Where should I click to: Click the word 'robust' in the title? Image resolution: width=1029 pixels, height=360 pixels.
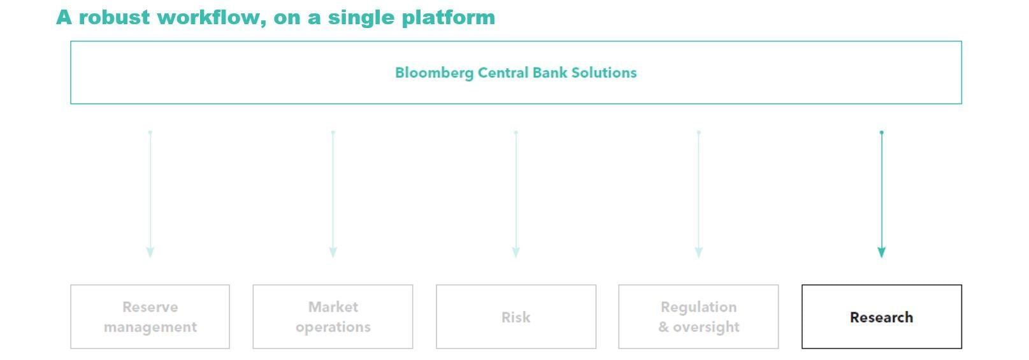click(115, 17)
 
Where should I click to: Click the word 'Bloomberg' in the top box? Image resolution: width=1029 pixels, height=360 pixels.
click(434, 73)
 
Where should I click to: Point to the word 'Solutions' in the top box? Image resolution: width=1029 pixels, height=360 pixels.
click(603, 73)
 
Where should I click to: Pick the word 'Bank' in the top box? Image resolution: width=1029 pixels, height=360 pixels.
click(549, 73)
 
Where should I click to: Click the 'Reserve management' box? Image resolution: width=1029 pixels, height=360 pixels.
click(150, 317)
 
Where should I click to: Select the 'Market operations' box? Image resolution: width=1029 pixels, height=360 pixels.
click(333, 317)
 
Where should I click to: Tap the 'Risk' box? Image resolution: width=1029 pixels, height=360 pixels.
click(516, 317)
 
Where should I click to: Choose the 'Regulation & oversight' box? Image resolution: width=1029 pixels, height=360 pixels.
click(698, 317)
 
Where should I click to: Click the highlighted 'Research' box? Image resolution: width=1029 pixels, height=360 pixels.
click(882, 317)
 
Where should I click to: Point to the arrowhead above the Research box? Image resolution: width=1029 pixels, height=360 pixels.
click(882, 252)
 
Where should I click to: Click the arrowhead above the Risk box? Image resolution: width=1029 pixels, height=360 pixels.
click(516, 252)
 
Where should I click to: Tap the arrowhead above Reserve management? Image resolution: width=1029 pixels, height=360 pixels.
click(150, 252)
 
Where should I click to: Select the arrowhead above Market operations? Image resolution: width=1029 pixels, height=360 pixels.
click(333, 252)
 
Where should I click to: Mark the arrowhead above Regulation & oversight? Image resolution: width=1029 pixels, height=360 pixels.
click(699, 252)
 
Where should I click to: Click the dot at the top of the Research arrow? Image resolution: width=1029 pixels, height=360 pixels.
click(882, 133)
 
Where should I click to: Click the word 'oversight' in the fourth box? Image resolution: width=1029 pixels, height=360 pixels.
click(706, 327)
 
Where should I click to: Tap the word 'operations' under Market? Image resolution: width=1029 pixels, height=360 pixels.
click(333, 327)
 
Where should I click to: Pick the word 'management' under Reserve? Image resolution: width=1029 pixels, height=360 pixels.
click(150, 327)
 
